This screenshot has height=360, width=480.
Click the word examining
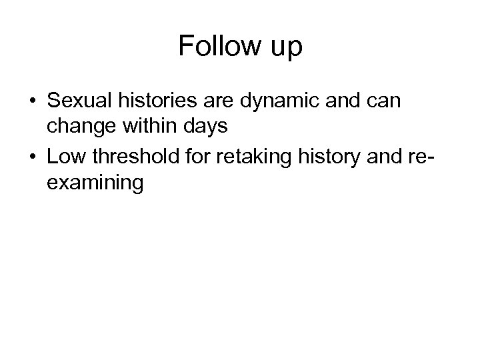tap(95, 182)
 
